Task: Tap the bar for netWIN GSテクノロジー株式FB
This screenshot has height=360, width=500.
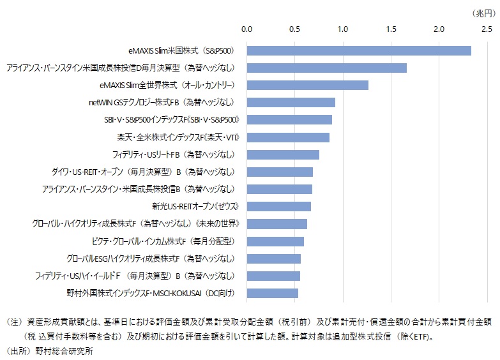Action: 291,103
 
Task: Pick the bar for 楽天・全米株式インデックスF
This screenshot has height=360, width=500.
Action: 288,137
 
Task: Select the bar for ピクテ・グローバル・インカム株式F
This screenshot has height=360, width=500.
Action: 275,241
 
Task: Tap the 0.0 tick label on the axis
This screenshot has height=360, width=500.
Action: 247,29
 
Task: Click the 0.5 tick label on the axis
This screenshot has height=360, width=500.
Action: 295,29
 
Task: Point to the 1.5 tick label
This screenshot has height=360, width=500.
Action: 391,29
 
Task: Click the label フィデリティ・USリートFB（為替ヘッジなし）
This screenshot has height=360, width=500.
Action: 174,154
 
